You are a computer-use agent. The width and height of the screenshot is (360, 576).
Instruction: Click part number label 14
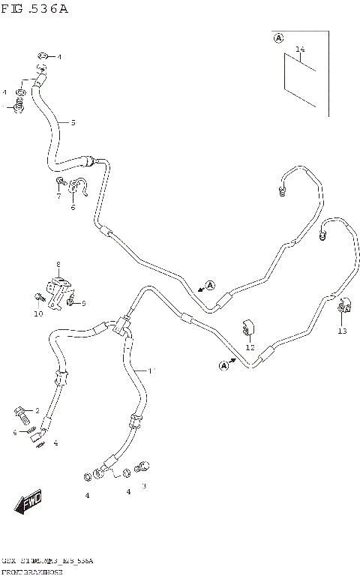(x=300, y=50)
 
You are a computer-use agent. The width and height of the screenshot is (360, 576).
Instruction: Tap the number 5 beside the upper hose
(x=73, y=122)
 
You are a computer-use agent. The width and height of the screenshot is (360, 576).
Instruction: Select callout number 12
(x=250, y=347)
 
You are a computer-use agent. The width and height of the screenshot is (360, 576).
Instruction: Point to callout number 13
(x=342, y=331)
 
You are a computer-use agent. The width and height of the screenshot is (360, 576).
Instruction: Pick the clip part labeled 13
(x=344, y=307)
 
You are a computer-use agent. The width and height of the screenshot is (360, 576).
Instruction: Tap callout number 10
(x=37, y=313)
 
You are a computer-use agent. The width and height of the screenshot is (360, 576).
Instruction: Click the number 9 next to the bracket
(x=83, y=304)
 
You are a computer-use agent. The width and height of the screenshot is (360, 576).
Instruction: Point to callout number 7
(x=58, y=196)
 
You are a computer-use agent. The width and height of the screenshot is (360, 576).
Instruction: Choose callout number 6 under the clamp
(x=73, y=208)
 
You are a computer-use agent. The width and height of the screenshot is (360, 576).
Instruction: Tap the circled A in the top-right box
(x=278, y=38)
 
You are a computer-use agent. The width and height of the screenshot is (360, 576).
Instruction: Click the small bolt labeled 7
(x=60, y=182)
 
